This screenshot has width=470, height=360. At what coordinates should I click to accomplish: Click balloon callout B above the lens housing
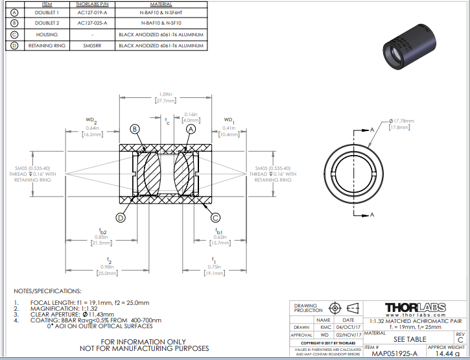[135, 129]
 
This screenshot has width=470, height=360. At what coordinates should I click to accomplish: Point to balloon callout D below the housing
[120, 217]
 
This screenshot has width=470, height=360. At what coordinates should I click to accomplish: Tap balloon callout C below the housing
[216, 217]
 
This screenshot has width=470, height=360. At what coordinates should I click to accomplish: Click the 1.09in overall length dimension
[166, 95]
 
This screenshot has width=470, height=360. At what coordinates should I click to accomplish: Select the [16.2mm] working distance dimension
[92, 135]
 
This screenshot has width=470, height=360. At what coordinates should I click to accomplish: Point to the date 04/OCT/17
[348, 327]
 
